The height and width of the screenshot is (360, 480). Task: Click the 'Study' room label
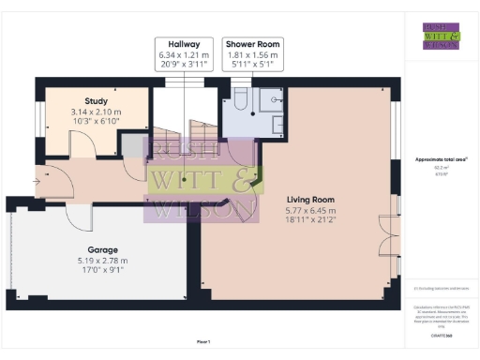coord(96,100)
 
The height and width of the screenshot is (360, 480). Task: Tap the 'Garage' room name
coord(94,250)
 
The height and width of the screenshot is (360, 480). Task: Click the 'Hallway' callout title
coord(185,44)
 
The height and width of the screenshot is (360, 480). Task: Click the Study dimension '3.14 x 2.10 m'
coord(96,112)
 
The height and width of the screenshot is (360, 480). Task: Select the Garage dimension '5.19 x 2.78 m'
coord(94,261)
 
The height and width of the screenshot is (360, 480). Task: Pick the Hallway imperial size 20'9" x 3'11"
coord(185,66)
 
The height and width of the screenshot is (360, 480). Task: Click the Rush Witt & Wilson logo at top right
coord(440,35)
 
